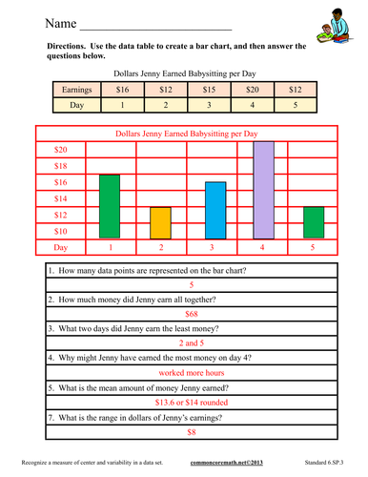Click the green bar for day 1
coord(110,206)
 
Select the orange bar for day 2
coord(160,222)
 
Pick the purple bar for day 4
coord(263,190)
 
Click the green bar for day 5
coord(314,222)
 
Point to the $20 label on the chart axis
coord(60,150)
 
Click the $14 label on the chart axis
coord(60,198)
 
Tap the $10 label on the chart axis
coord(60,231)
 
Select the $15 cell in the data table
coord(210,90)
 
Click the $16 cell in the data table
coord(122,90)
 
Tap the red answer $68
coord(191,312)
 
